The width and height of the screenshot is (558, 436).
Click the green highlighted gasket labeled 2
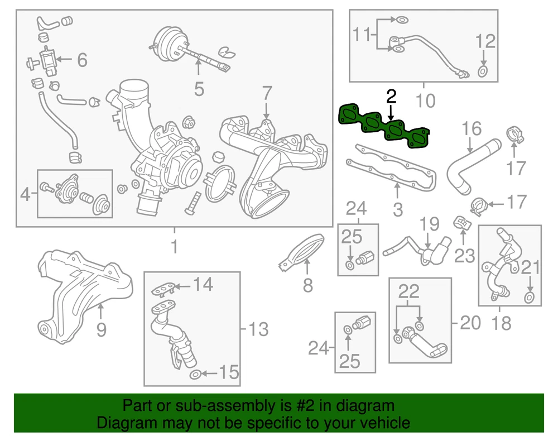click(x=384, y=126)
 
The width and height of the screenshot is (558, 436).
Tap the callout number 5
click(x=199, y=89)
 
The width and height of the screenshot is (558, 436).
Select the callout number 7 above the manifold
click(x=267, y=94)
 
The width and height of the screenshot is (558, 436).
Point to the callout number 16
click(x=472, y=129)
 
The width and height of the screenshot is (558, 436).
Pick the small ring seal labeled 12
click(x=482, y=71)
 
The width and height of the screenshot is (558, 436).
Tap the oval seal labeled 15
click(x=195, y=375)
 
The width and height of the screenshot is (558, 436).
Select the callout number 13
click(x=258, y=329)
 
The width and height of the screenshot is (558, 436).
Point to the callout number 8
click(x=308, y=285)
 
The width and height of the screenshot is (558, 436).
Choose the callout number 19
click(x=430, y=224)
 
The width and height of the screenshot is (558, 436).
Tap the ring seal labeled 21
click(x=529, y=298)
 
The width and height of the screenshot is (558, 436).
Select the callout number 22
click(x=409, y=292)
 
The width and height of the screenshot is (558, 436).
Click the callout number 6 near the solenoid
click(x=82, y=60)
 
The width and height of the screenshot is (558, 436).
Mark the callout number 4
click(x=25, y=194)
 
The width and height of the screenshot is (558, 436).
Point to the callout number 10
click(x=425, y=100)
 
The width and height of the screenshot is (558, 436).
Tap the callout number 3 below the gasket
click(x=398, y=210)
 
